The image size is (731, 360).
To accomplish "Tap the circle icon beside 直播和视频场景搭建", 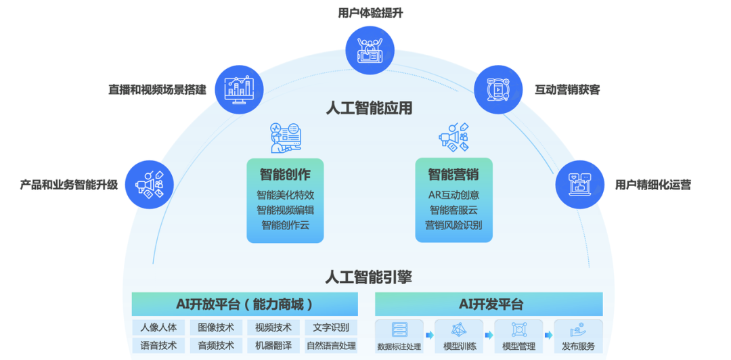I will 238,89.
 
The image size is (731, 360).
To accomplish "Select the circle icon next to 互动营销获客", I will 497,89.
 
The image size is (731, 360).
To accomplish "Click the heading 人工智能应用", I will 369,108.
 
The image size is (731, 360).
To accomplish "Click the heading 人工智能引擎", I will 369,277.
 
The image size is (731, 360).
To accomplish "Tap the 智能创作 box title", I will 285,175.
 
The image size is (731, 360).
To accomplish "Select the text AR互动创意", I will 453,195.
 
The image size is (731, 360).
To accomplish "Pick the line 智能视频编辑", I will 285,210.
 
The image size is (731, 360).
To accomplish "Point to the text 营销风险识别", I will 453,225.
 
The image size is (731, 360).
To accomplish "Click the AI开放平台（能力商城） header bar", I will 244,305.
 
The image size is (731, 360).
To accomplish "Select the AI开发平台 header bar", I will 489,305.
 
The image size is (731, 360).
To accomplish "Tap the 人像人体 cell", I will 158,328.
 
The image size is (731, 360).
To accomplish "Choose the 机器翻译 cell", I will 273,345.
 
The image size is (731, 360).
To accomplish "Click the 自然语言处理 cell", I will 331,345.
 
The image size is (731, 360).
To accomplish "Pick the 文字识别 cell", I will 331,328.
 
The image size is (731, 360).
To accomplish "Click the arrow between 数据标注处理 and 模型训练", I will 429,335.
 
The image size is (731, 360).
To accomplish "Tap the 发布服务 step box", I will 578,336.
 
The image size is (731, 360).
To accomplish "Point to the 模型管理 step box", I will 518,336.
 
